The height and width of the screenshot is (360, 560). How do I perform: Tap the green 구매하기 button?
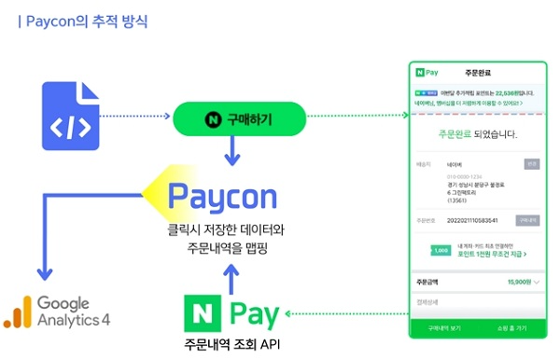(240, 118)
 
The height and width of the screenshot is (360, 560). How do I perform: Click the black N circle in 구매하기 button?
(212, 118)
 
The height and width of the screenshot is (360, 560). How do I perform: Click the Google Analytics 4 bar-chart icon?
(19, 312)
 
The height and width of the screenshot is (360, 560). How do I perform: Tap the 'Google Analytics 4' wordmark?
(74, 312)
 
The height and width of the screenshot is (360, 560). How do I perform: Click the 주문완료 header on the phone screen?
(477, 73)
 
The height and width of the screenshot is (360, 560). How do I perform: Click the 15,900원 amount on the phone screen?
(518, 281)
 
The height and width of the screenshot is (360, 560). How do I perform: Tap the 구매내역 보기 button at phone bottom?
(444, 329)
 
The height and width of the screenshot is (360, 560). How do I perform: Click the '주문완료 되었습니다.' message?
(477, 134)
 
